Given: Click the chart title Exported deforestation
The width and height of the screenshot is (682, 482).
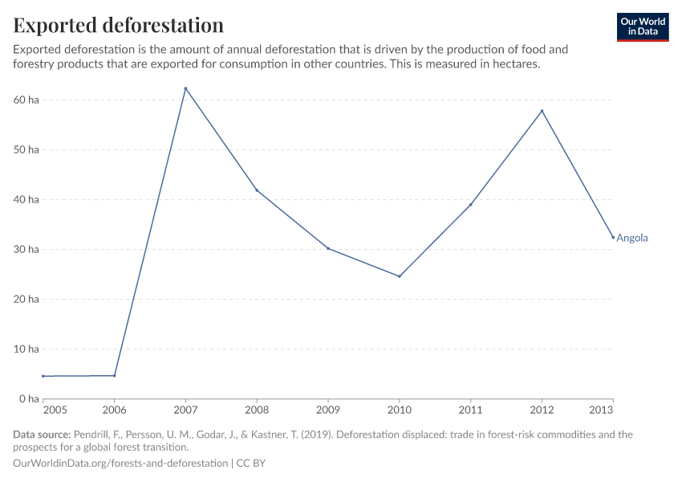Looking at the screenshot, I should [x=118, y=25].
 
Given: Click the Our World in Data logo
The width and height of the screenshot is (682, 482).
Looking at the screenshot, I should [x=642, y=27].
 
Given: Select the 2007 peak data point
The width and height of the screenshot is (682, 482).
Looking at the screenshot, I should [x=185, y=88].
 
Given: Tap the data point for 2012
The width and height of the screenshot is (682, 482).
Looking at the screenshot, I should [x=542, y=111].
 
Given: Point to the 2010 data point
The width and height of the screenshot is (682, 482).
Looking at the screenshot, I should [x=400, y=276].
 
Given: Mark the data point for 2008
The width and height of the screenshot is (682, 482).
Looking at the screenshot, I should [x=257, y=190].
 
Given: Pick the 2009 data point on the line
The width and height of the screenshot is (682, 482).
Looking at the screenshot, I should [x=328, y=248].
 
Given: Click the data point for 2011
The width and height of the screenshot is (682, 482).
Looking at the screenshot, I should [x=470, y=205].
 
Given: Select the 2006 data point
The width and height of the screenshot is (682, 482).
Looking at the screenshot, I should [x=115, y=375].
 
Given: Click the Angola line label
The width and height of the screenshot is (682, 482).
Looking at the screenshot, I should [x=631, y=238].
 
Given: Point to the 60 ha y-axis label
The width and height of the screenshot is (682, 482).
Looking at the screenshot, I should [x=26, y=100].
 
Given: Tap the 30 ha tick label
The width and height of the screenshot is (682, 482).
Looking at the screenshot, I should [x=26, y=249].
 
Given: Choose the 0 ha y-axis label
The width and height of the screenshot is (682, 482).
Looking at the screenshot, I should [x=29, y=398].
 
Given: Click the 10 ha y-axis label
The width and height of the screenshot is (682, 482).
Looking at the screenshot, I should [x=26, y=349].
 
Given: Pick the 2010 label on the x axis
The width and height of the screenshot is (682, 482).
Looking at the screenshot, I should [x=399, y=411].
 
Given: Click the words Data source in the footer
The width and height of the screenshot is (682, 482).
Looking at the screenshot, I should [x=43, y=435].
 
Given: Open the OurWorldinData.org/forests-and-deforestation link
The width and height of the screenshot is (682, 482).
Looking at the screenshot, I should [x=120, y=464].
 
